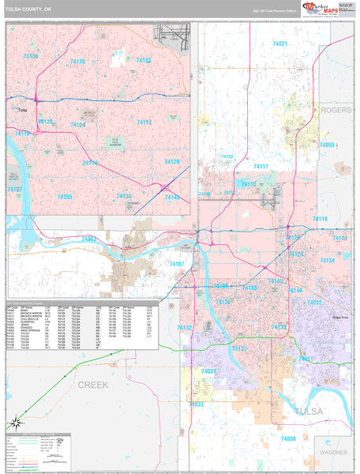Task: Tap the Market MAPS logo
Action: click(x=318, y=9)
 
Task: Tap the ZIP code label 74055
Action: click(x=327, y=145)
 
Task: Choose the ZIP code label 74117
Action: click(x=261, y=167)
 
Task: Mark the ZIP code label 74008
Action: click(x=288, y=438)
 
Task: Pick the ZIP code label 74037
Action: click(x=208, y=371)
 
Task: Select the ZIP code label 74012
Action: click(x=314, y=302)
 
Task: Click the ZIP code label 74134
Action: click(x=327, y=260)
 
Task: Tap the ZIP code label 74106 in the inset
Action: click(x=31, y=56)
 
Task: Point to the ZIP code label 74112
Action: click(x=144, y=123)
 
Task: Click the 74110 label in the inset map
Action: click(x=77, y=61)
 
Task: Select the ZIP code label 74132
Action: click(x=185, y=327)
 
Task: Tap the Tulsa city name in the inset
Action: click(x=21, y=110)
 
